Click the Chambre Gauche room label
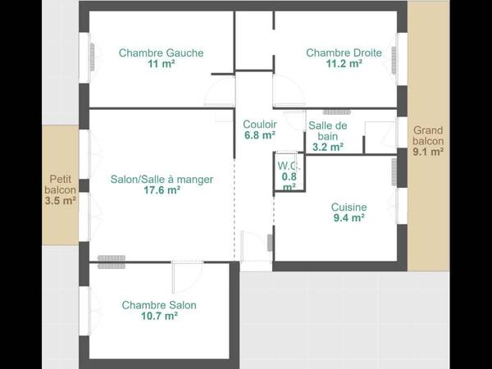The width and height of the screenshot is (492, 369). [161, 53]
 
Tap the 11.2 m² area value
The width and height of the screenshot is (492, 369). [344, 64]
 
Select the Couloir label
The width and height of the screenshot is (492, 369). [259, 125]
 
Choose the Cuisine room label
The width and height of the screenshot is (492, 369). [348, 207]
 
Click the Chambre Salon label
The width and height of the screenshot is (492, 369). [159, 305]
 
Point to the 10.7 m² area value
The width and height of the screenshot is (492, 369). [159, 316]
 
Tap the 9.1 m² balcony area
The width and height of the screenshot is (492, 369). [428, 151]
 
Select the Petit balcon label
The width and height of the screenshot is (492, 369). [61, 183]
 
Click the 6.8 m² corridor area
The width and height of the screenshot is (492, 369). [259, 135]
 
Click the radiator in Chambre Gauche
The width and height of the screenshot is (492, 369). [92, 56]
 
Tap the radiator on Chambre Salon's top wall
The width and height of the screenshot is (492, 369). [110, 262]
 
